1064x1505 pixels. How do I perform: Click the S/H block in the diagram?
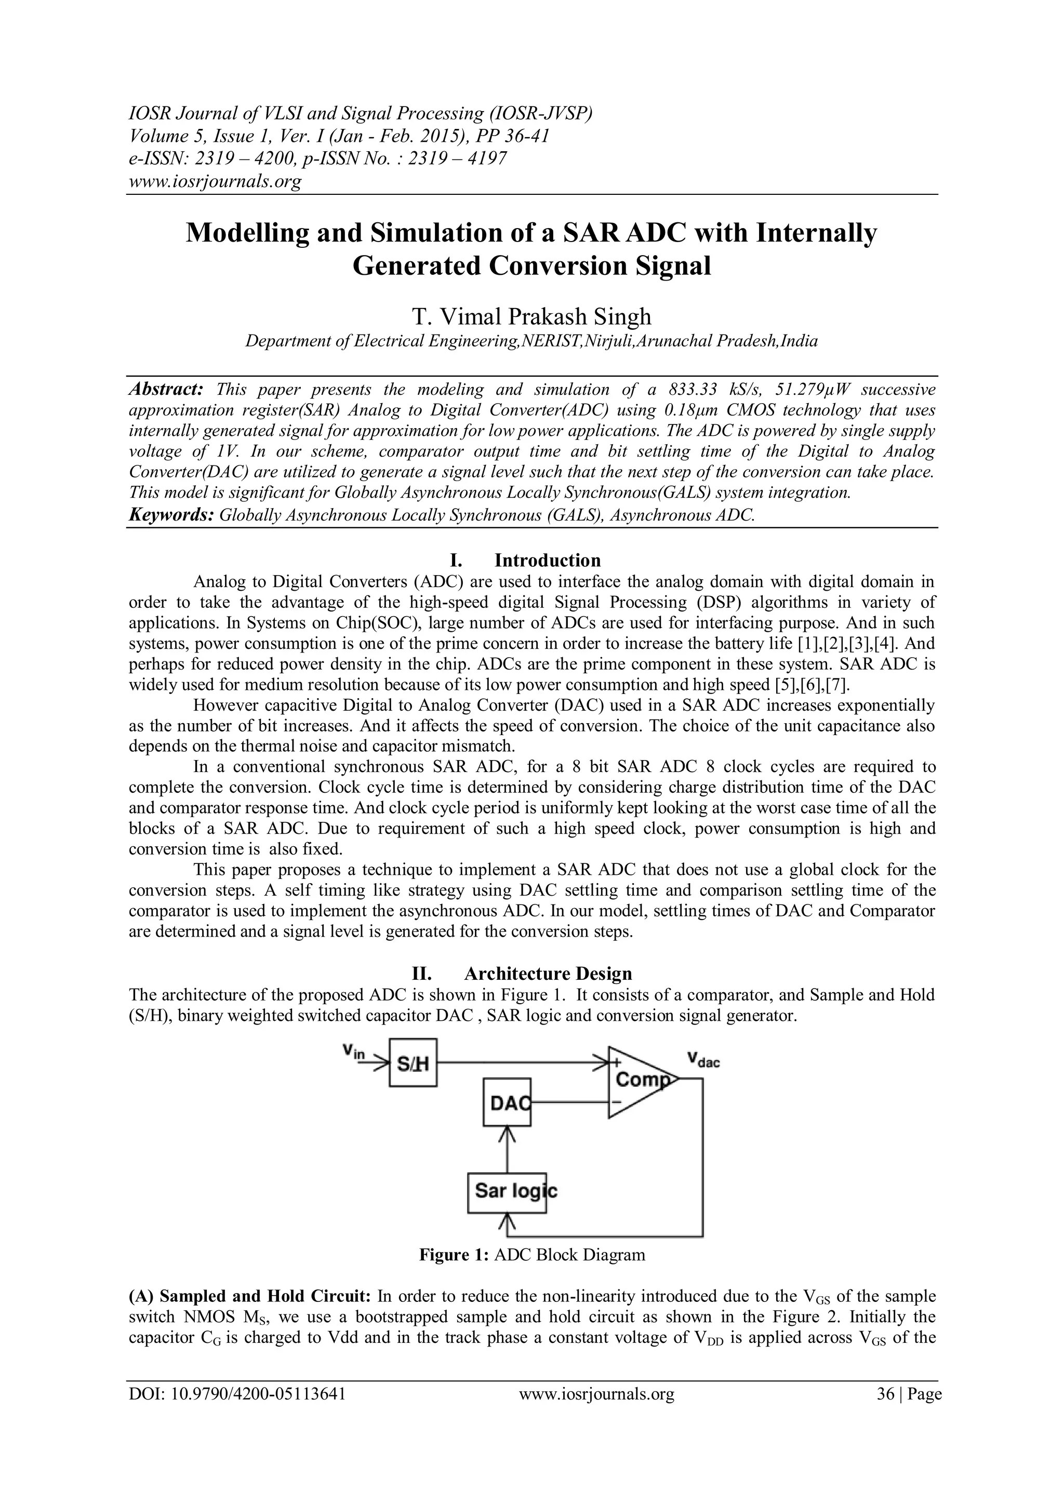click(413, 1062)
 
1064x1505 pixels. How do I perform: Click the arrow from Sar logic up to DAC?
click(507, 1148)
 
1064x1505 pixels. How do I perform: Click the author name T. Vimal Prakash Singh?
click(531, 316)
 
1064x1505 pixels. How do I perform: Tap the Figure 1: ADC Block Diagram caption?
click(531, 1255)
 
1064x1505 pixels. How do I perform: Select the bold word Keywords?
click(171, 514)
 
